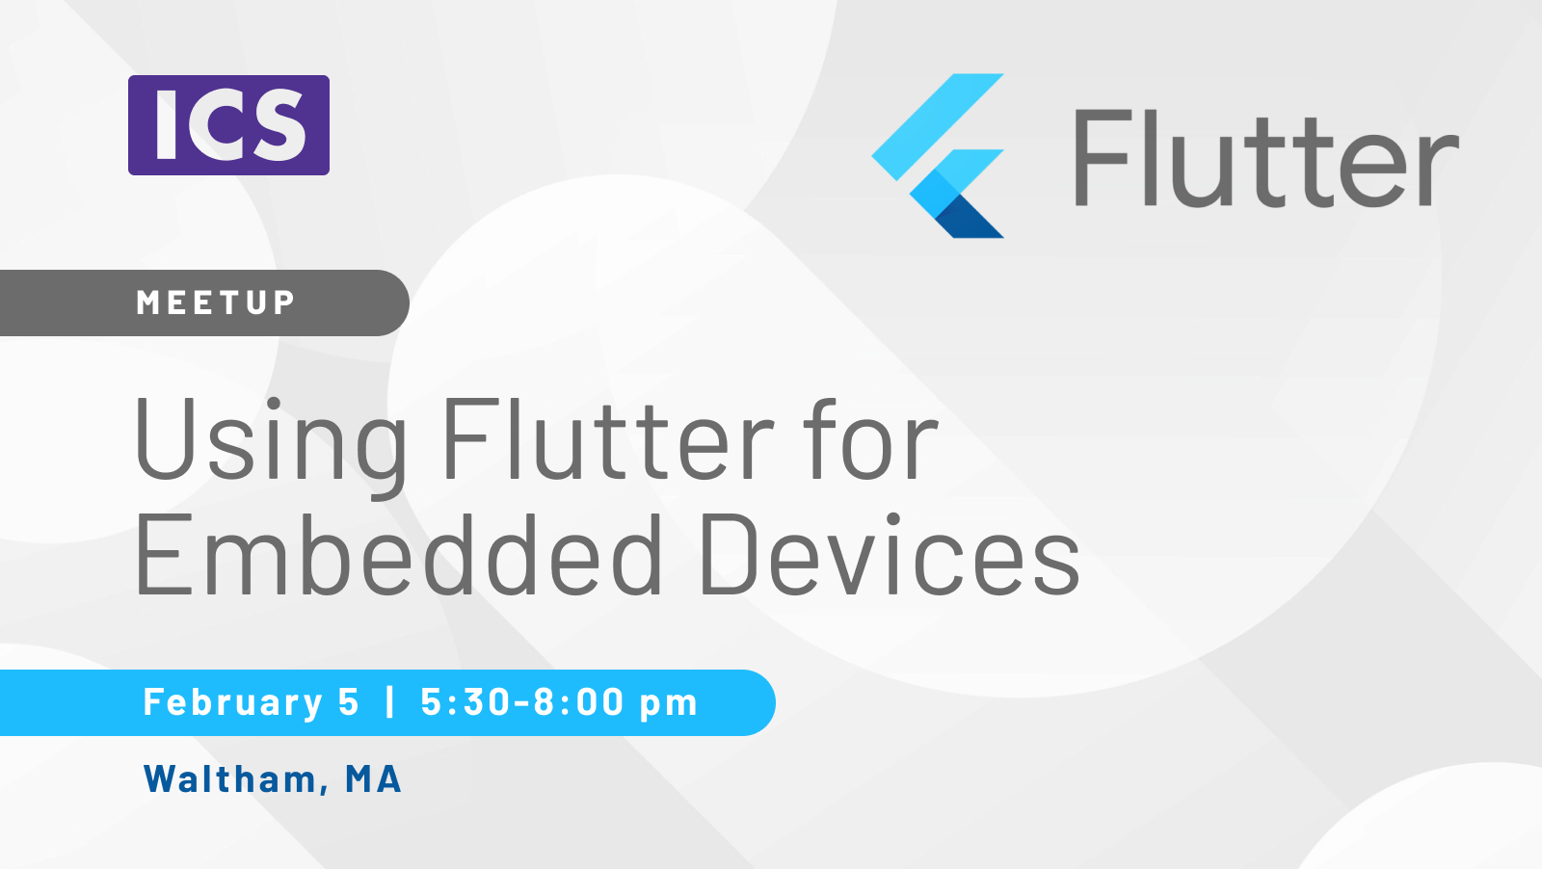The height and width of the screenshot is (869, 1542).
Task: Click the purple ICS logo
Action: click(228, 125)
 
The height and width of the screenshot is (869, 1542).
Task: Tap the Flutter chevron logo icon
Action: click(939, 155)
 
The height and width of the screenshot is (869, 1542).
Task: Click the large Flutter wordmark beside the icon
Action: click(1265, 158)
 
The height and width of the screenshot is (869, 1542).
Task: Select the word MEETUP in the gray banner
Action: click(216, 303)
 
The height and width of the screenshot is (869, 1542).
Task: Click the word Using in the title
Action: click(271, 441)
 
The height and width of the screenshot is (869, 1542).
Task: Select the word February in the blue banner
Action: click(232, 702)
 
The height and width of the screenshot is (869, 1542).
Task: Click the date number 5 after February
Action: click(349, 702)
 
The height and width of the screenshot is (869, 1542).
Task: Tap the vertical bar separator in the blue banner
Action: click(390, 701)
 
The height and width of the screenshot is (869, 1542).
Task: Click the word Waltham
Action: click(230, 778)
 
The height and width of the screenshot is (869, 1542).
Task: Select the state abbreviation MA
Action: click(373, 778)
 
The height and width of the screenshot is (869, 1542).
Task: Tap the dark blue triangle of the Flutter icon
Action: click(969, 217)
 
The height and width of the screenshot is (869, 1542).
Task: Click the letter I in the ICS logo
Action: click(167, 125)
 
